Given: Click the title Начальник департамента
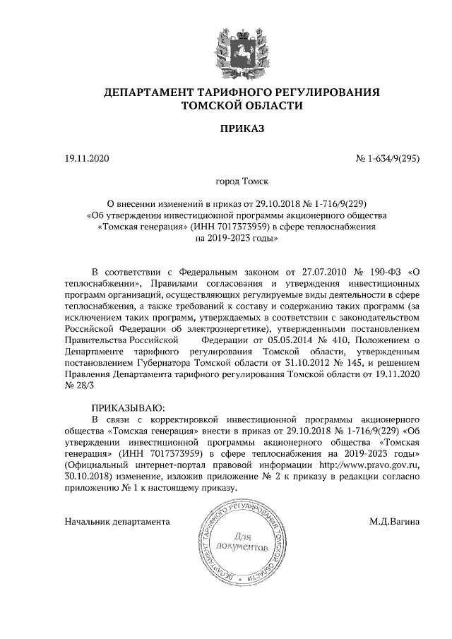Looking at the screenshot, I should [x=117, y=522].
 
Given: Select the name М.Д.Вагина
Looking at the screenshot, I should [x=394, y=522].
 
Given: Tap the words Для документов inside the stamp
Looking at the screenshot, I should [x=242, y=542].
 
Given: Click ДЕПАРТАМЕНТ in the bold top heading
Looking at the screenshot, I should [x=155, y=92].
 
